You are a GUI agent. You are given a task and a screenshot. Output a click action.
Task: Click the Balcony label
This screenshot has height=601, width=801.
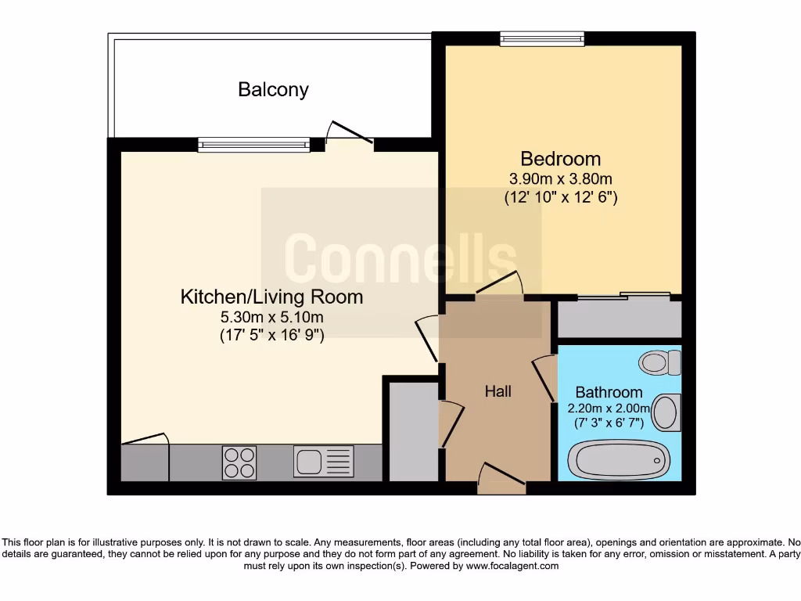tap(273, 89)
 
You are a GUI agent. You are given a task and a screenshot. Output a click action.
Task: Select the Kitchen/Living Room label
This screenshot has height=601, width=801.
tap(271, 297)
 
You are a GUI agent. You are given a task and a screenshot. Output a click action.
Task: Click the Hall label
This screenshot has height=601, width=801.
tap(498, 391)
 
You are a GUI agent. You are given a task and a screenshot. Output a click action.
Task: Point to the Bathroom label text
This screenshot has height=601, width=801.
tap(609, 392)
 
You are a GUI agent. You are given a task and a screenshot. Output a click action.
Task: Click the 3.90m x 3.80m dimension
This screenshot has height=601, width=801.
tap(561, 179)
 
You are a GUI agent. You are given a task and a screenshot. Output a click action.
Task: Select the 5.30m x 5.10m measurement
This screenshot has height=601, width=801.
tap(271, 317)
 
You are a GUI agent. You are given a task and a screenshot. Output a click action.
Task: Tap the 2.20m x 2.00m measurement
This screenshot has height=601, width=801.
tap(609, 408)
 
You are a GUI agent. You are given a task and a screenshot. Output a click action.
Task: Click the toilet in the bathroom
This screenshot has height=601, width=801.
tap(659, 362)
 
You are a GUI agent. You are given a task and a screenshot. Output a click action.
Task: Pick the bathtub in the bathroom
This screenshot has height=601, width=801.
tap(617, 459)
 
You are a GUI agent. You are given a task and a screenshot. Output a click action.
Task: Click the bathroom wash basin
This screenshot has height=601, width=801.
tap(666, 412)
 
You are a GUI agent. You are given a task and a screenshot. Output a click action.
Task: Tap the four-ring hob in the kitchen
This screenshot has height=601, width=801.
tap(239, 462)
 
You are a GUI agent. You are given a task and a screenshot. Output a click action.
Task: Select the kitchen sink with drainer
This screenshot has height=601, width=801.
tap(324, 462)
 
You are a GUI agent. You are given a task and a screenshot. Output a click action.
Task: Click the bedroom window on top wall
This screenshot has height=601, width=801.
tap(542, 38)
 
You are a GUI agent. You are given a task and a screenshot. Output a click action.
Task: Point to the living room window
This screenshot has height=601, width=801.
tap(254, 144)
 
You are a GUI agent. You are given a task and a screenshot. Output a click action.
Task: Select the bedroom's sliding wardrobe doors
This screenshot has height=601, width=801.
tap(623, 296)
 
